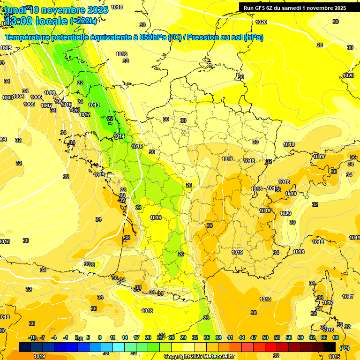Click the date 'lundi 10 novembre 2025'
[x=57, y=10]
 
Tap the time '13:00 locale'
[x=36, y=21]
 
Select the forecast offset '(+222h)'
[x=83, y=21]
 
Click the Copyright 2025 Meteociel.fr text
[x=199, y=356]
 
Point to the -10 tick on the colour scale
[x=32, y=337]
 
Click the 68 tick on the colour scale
[x=336, y=337]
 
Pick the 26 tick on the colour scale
[x=171, y=337]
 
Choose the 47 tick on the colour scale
[x=254, y=337]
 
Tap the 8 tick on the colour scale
[x=100, y=337]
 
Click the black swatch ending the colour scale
[x=330, y=347]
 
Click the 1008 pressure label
[x=50, y=93]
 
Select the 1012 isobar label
[x=84, y=114]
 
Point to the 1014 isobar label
[x=119, y=136]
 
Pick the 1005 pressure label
[x=29, y=104]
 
